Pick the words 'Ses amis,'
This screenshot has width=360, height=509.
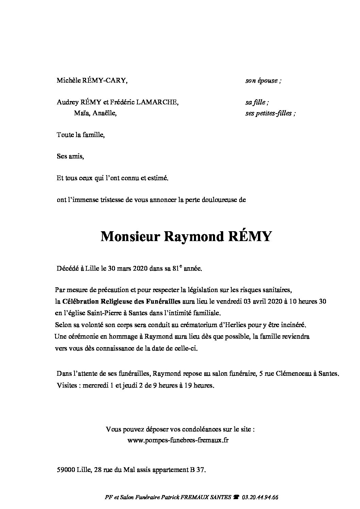pos(70,156)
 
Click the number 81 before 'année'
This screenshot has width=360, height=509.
pos(177,269)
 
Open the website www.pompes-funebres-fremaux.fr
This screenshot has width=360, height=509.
pos(178,440)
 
